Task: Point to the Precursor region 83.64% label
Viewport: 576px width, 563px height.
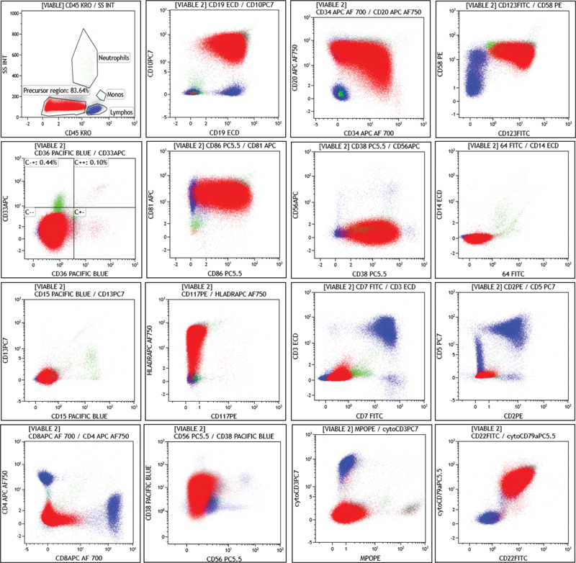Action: [x=56, y=90]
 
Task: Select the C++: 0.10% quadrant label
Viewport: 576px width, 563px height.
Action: [x=92, y=163]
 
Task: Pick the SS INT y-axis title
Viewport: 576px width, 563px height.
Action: [x=7, y=71]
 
